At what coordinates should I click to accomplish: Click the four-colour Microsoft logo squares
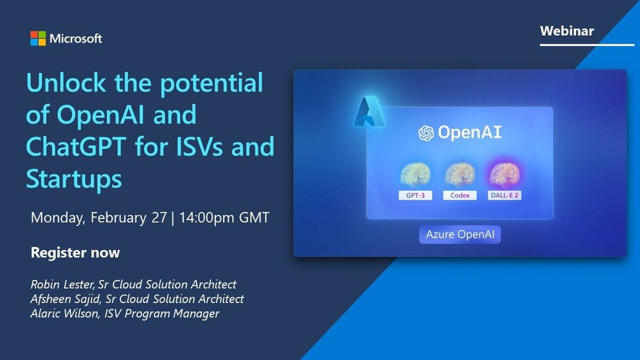[x=38, y=38]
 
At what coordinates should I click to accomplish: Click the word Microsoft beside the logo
[x=77, y=38]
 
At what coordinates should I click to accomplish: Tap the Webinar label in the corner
[x=566, y=31]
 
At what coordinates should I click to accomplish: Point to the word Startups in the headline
[x=74, y=179]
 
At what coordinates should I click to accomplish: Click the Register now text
[x=75, y=252]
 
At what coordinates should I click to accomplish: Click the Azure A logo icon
[x=369, y=113]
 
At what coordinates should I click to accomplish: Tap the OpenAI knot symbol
[x=426, y=133]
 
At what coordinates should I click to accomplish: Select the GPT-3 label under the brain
[x=415, y=195]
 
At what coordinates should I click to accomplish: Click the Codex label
[x=460, y=195]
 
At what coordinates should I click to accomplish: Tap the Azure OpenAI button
[x=460, y=234]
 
